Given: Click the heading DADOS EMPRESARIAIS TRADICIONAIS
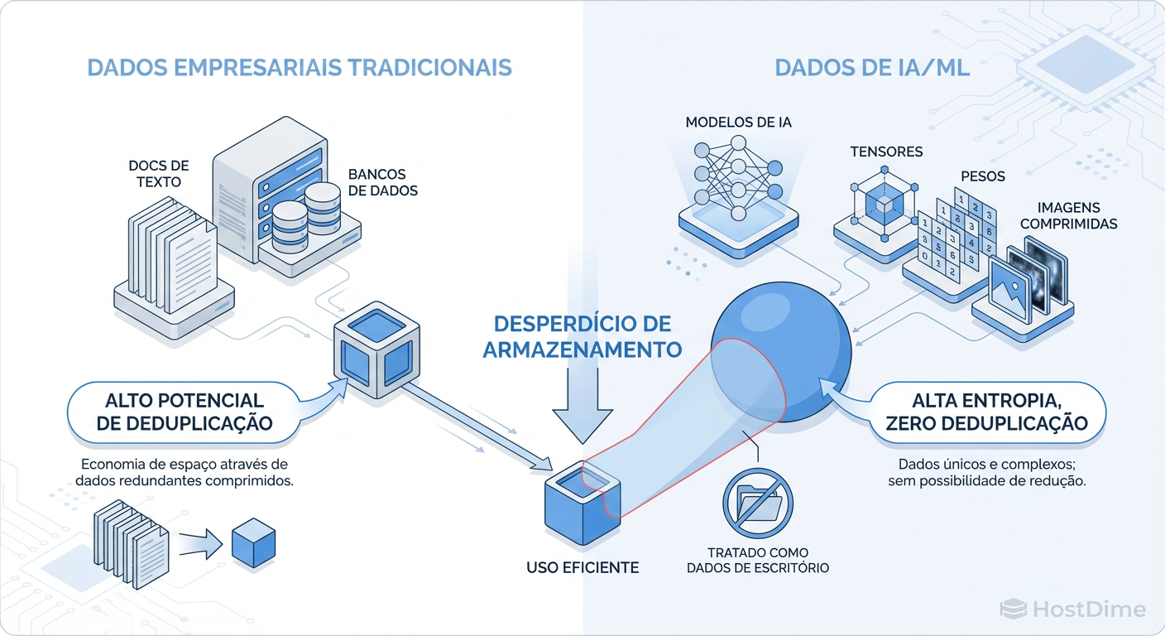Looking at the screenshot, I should pos(300,67).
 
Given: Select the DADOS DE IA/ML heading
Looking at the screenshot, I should pos(872,67).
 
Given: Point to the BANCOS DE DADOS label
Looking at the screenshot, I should pos(382,182).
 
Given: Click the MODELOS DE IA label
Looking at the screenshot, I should pos(738,123).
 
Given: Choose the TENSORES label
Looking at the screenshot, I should pos(886,152).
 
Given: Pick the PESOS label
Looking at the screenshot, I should pos(983,176).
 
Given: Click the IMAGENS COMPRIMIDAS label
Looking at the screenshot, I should pos(1068,215).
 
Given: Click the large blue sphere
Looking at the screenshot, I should pos(780,352).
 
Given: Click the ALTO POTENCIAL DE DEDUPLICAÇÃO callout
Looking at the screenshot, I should pos(184,412).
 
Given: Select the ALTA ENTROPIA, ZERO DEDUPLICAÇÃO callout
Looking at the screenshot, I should pos(985,412).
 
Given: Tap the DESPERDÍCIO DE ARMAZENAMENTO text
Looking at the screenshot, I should pos(582,335).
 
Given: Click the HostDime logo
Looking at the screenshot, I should pos(1073,610).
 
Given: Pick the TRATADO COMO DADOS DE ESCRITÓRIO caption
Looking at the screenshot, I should pos(757,560).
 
